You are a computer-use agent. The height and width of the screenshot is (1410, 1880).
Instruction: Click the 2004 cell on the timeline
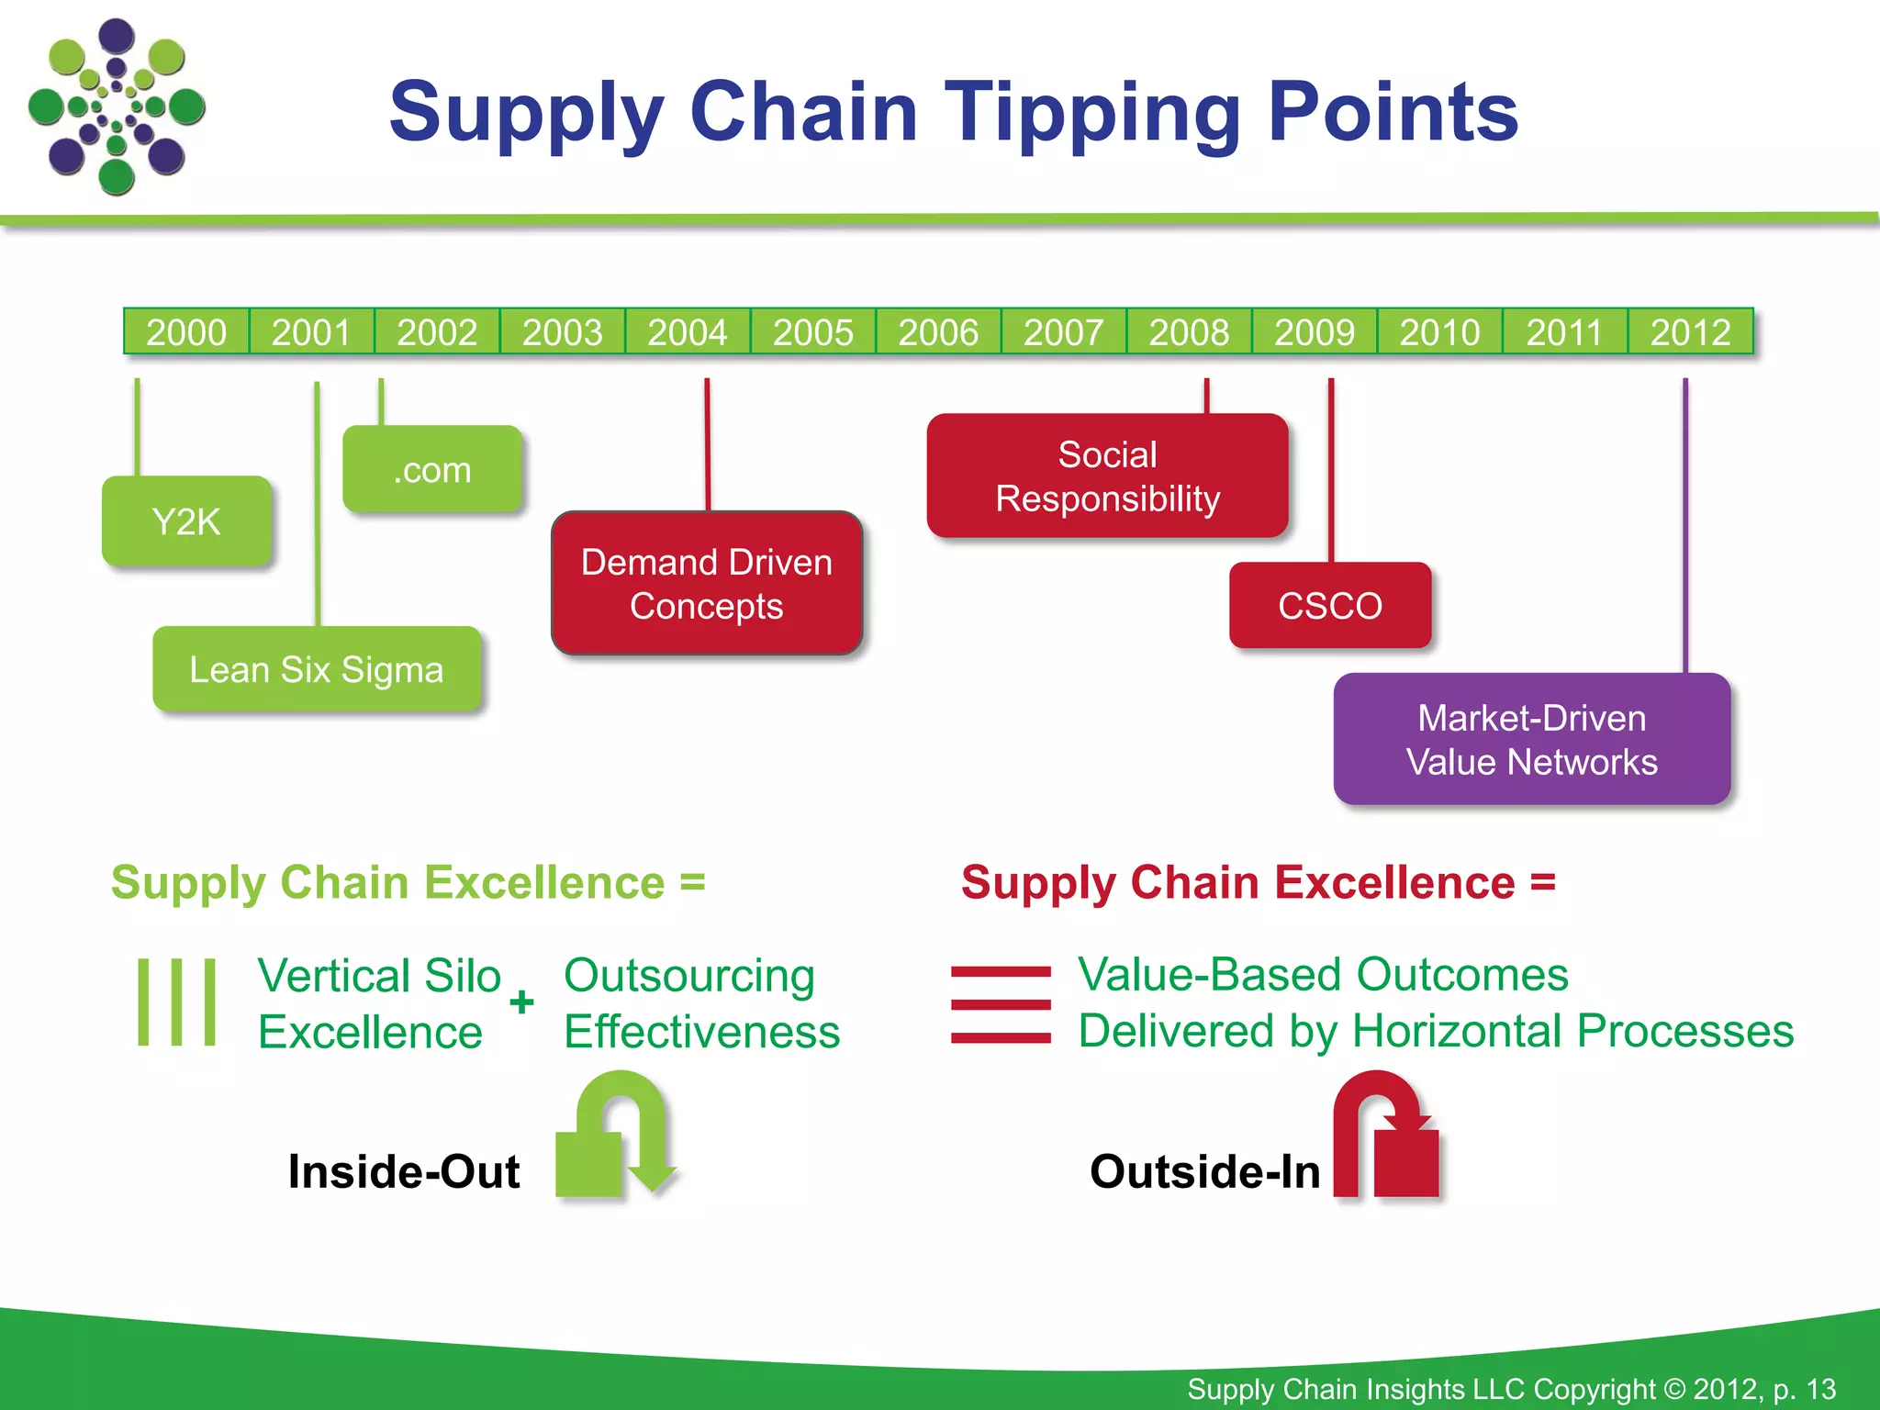[x=688, y=331]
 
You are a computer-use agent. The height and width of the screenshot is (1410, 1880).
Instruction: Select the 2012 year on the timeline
[x=1690, y=331]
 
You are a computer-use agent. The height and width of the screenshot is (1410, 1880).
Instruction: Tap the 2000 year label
[x=186, y=331]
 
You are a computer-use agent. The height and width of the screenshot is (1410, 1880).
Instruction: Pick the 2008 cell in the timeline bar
[x=1189, y=331]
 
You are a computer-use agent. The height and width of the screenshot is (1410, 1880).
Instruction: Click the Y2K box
[x=186, y=521]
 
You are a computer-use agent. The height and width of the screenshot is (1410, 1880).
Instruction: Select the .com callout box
[x=432, y=469]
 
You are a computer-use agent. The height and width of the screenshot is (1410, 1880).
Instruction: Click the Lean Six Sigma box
[x=317, y=669]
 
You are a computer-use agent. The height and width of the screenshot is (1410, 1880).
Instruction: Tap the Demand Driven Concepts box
[x=706, y=584]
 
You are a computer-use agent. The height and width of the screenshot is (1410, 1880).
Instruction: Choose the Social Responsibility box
[x=1107, y=476]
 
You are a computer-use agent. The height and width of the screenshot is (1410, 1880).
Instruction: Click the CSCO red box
[x=1330, y=606]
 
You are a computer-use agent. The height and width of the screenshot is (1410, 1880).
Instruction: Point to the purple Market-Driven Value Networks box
[x=1531, y=739]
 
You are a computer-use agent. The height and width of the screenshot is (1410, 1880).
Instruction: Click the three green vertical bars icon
[x=177, y=1002]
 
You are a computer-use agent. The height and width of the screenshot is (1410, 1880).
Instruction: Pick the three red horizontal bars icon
[x=1001, y=1004]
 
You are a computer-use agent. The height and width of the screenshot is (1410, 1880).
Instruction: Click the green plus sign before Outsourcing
[x=521, y=1002]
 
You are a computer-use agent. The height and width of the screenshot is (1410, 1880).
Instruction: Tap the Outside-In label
[x=1204, y=1172]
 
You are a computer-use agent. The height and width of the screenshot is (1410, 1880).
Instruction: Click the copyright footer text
[x=1511, y=1389]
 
